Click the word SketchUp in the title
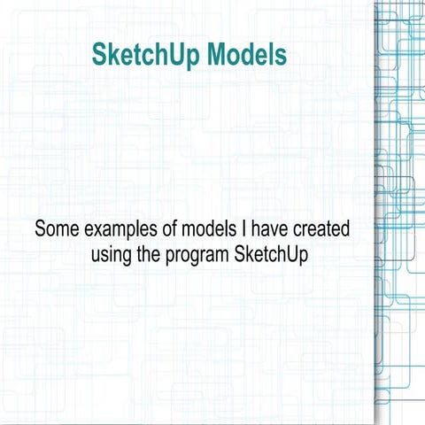[x=146, y=55]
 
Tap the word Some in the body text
[x=55, y=228]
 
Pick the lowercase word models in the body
[x=209, y=228]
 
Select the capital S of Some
[x=41, y=228]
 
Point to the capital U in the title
[x=181, y=55]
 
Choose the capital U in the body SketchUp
[x=297, y=254]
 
